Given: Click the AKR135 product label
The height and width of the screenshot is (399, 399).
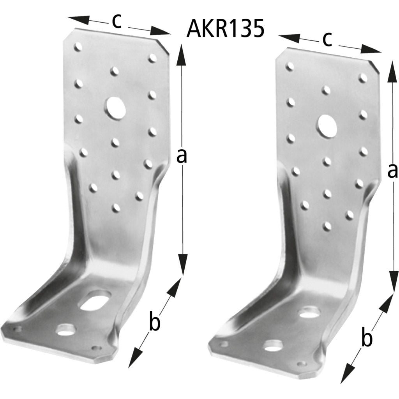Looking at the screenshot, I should pyautogui.click(x=226, y=29).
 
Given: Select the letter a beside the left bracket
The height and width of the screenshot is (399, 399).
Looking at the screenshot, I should pyautogui.click(x=182, y=156).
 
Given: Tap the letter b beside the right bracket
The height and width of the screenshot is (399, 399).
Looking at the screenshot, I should pyautogui.click(x=366, y=339).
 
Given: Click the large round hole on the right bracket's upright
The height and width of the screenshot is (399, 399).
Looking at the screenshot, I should pyautogui.click(x=327, y=125).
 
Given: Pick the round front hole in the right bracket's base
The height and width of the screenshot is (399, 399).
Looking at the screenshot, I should pyautogui.click(x=274, y=345).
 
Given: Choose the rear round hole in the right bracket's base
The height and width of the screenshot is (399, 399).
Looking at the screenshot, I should pyautogui.click(x=308, y=311).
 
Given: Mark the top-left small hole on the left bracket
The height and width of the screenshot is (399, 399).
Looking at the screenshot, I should pyautogui.click(x=78, y=47).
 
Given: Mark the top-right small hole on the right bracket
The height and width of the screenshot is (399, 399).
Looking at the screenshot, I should pyautogui.click(x=363, y=78).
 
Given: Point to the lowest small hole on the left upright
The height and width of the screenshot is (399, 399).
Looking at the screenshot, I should pyautogui.click(x=116, y=208).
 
